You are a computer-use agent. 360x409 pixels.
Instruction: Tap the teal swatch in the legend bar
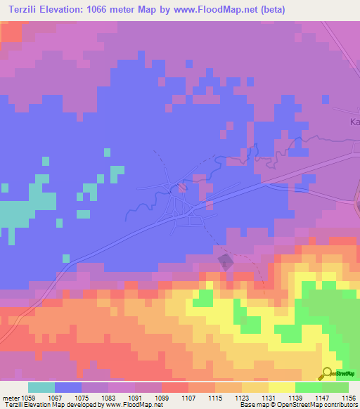[41, 387]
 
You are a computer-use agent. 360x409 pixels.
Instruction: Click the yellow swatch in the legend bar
[281, 387]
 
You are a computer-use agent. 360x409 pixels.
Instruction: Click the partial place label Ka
[355, 122]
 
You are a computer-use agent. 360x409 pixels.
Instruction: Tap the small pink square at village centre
[182, 188]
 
